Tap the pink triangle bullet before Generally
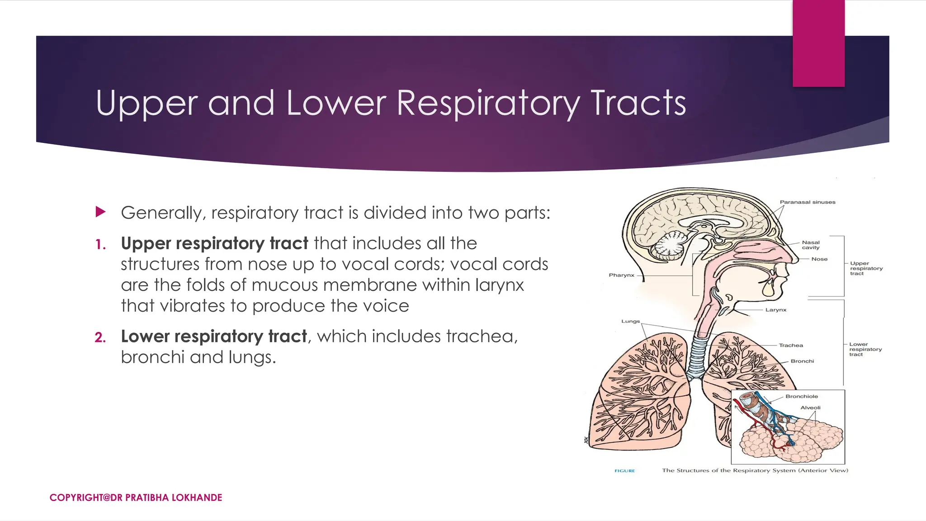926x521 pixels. click(100, 212)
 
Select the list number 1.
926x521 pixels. click(100, 245)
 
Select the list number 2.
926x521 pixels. click(100, 337)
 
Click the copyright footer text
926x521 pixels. click(136, 497)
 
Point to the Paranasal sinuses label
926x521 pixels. click(808, 202)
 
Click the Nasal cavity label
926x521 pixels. click(811, 245)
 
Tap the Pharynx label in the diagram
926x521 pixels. click(621, 275)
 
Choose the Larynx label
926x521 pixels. click(776, 310)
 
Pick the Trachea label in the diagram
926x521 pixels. click(791, 345)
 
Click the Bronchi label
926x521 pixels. click(802, 361)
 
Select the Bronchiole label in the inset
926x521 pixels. click(802, 396)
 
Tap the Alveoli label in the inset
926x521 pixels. click(810, 407)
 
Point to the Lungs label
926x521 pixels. click(630, 321)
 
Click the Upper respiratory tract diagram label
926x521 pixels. click(866, 268)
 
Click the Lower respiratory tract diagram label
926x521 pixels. click(865, 349)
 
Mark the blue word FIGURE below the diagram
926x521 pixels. click(624, 471)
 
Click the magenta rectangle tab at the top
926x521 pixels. click(818, 43)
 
